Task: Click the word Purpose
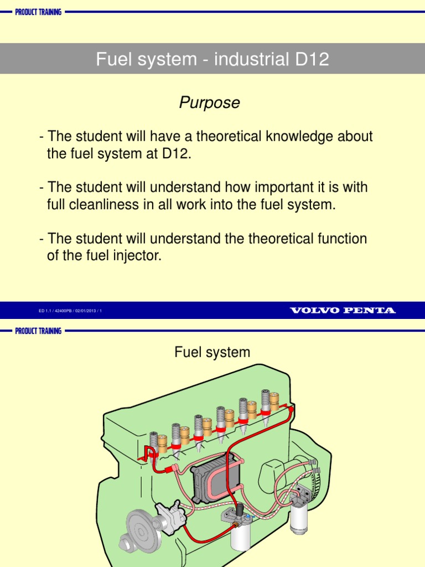tap(209, 103)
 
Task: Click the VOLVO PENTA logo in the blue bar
tap(343, 311)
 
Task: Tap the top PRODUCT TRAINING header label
tap(38, 12)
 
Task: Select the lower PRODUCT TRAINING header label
tap(38, 331)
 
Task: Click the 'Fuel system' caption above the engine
tap(212, 352)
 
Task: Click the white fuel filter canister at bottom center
tap(240, 534)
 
